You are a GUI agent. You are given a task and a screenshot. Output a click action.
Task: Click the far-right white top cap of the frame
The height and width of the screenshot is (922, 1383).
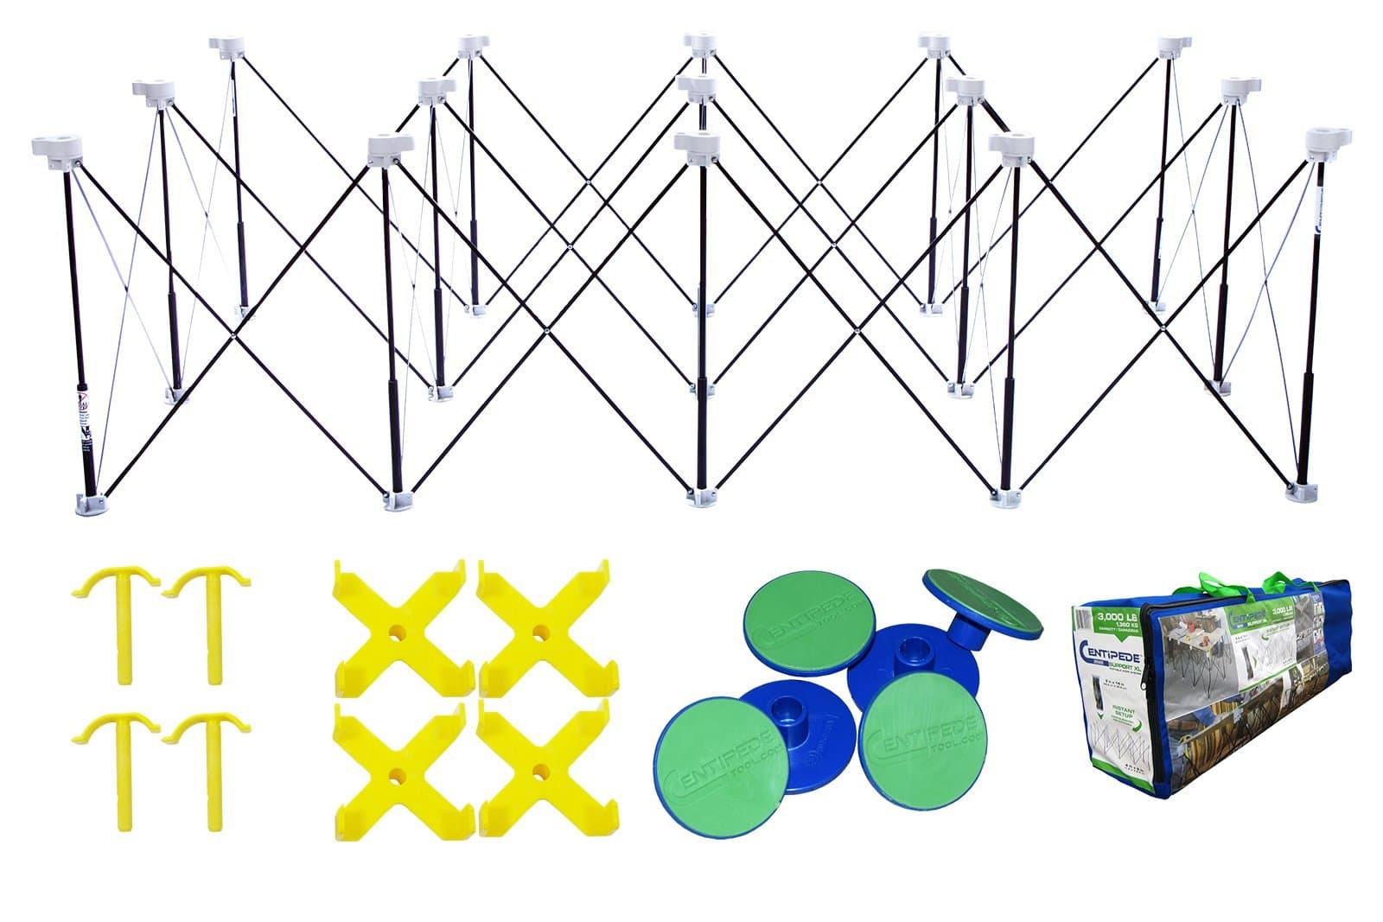pyautogui.click(x=1328, y=139)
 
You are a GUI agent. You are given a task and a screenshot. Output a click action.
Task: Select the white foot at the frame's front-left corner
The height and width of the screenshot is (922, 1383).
pyautogui.click(x=92, y=502)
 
